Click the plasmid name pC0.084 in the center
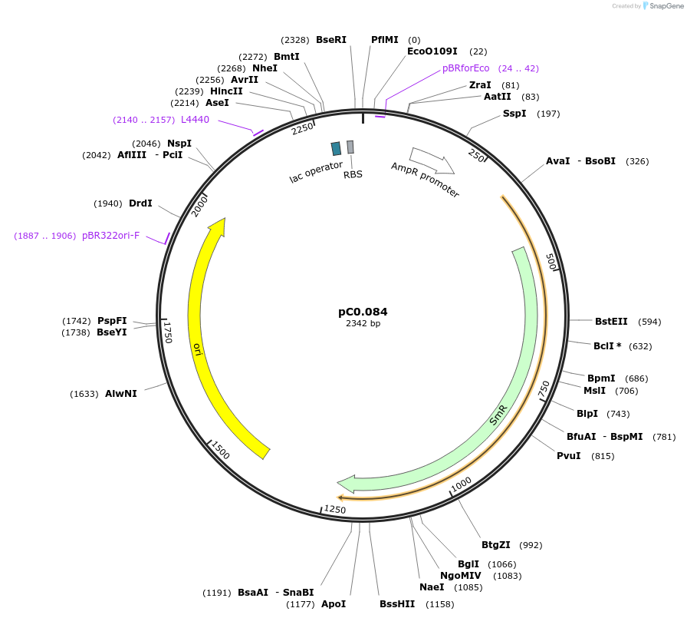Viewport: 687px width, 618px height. tap(363, 312)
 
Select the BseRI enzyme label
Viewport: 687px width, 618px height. tap(331, 39)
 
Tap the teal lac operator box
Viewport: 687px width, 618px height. tap(336, 148)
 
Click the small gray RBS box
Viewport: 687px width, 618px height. tap(350, 147)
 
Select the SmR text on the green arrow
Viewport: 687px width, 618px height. tap(498, 415)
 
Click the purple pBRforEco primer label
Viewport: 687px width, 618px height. tap(465, 68)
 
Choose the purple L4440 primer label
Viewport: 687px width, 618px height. tap(195, 119)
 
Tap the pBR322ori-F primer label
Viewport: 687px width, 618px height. tap(111, 235)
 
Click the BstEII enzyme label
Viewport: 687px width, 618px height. tap(611, 321)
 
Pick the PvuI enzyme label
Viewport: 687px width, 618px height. tap(568, 455)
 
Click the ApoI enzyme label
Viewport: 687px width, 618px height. tap(334, 603)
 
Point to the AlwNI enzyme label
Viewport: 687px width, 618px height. tap(121, 393)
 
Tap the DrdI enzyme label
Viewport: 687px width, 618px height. tap(140, 203)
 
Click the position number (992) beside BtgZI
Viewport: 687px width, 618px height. tap(531, 545)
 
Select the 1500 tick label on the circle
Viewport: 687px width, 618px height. tap(220, 451)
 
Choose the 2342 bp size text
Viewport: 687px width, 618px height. tap(363, 323)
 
